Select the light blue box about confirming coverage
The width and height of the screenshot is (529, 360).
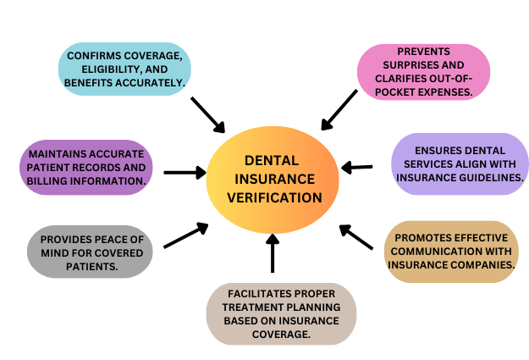point(123,69)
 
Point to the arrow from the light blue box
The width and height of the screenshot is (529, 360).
point(207,115)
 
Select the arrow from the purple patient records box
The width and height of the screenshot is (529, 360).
point(185,173)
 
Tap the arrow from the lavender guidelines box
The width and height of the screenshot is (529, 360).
point(357,167)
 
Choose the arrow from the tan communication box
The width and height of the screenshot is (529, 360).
point(356,236)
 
